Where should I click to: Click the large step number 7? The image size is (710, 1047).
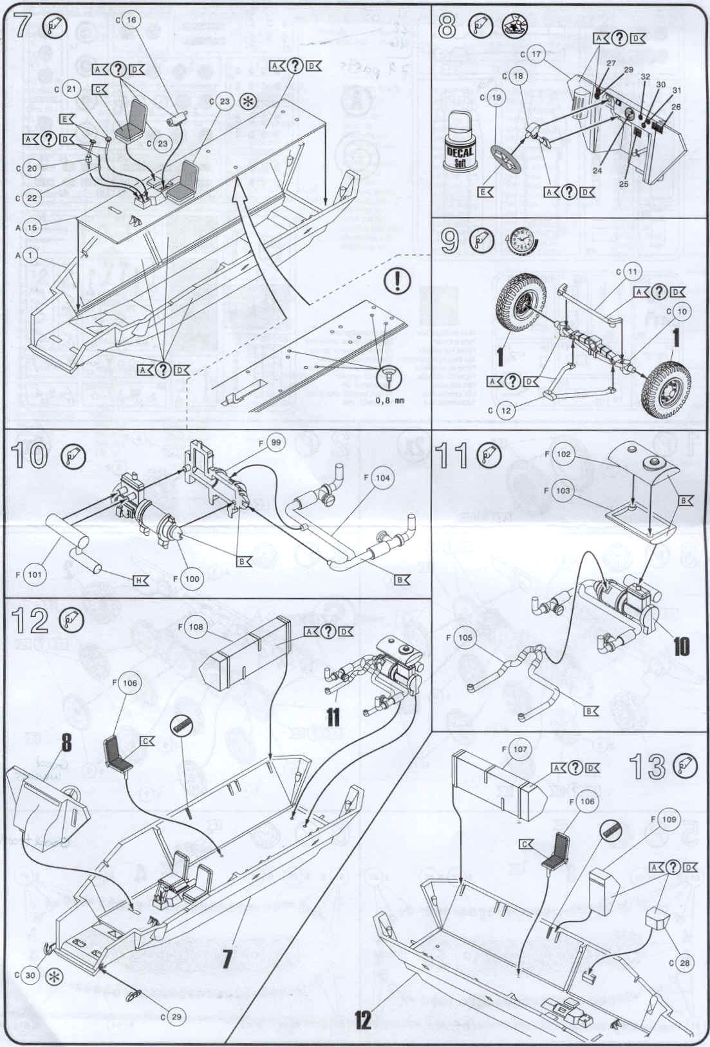[x=21, y=26]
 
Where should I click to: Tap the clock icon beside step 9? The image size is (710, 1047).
[x=523, y=240]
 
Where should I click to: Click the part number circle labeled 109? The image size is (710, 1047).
[x=669, y=819]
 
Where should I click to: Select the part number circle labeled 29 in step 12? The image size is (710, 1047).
[x=176, y=1017]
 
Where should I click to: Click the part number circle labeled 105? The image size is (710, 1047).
[x=465, y=638]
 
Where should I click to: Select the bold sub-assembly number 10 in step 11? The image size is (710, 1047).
[x=680, y=645]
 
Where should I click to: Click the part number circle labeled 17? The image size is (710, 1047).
[x=536, y=55]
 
